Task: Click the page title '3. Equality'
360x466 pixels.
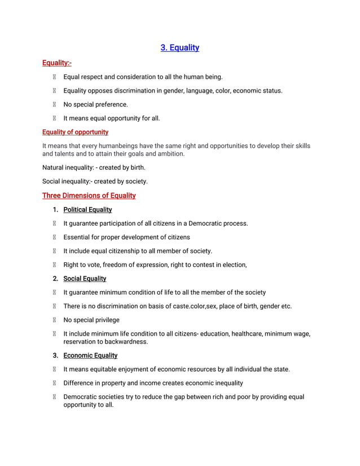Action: [179, 47]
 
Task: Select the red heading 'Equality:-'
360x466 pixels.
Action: [57, 63]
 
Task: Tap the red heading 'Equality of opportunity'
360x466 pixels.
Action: [75, 132]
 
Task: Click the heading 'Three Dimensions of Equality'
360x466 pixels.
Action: [89, 196]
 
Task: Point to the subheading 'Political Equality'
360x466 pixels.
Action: [87, 210]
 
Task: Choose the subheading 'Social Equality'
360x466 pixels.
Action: [85, 279]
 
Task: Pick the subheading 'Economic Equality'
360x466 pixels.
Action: [90, 355]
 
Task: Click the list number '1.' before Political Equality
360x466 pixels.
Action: [56, 210]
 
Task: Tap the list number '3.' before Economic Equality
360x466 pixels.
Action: [56, 355]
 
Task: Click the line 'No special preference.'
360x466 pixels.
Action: [95, 104]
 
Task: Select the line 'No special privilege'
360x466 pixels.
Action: [91, 320]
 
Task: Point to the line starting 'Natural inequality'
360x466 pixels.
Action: [94, 168]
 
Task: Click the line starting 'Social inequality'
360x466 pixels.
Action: [95, 181]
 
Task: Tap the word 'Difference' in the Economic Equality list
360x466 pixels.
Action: [80, 383]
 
